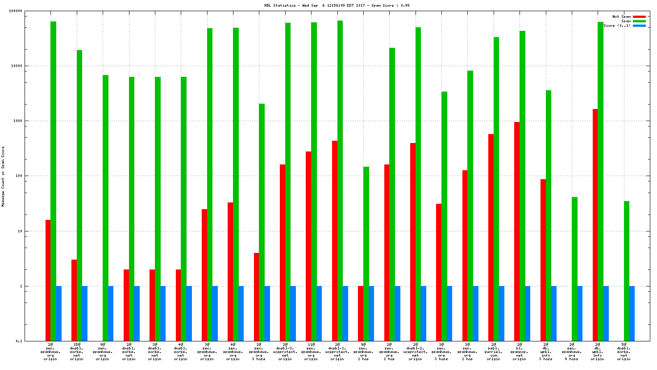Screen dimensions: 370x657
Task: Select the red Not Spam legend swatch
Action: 639,17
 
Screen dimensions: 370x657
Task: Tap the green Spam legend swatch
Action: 639,21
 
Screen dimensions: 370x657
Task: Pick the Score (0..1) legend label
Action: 617,25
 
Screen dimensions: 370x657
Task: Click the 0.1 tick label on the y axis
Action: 19,341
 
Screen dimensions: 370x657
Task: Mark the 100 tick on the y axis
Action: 19,176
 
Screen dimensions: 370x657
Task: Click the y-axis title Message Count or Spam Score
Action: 3,176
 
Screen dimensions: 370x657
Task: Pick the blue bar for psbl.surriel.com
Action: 501,313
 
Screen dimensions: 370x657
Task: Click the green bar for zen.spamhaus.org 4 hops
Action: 574,269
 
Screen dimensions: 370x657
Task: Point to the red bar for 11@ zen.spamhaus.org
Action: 308,246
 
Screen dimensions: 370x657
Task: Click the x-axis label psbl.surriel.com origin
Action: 493,352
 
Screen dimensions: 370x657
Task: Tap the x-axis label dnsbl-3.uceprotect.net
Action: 285,352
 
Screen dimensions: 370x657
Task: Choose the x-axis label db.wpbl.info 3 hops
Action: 545,352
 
